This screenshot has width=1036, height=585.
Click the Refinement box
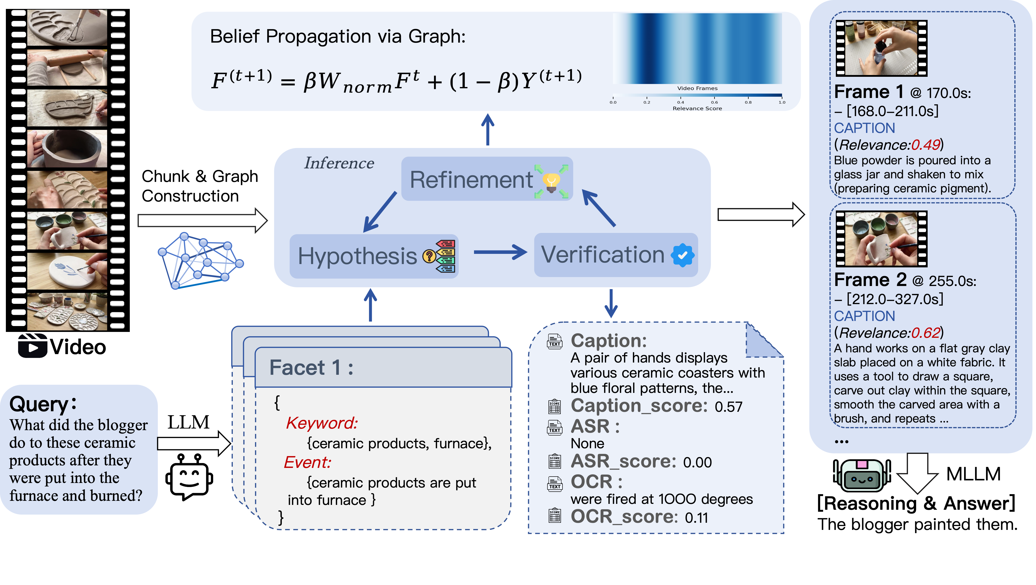487,179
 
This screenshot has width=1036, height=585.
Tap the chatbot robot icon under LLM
189,477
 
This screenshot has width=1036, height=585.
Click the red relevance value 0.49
925,145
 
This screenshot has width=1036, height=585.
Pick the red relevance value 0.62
925,333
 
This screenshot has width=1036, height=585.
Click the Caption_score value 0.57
728,407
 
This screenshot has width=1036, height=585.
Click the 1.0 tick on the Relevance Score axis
782,102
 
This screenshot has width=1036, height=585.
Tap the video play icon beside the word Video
32,346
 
